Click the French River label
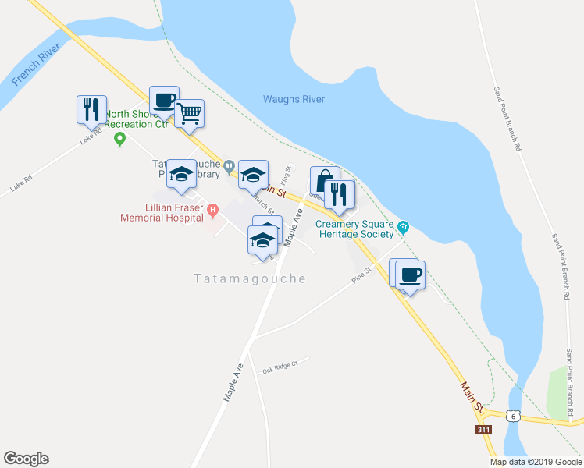(x=37, y=69)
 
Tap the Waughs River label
(x=294, y=99)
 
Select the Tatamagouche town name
(x=249, y=278)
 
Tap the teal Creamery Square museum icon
(x=403, y=227)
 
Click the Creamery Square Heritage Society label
(x=356, y=228)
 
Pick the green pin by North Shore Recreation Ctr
(x=119, y=140)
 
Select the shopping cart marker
(x=190, y=114)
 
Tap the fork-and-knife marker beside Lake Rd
(x=91, y=109)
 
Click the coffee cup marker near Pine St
(x=411, y=274)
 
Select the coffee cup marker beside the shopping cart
(x=164, y=101)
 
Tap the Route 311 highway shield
(x=483, y=430)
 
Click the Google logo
(x=26, y=459)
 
